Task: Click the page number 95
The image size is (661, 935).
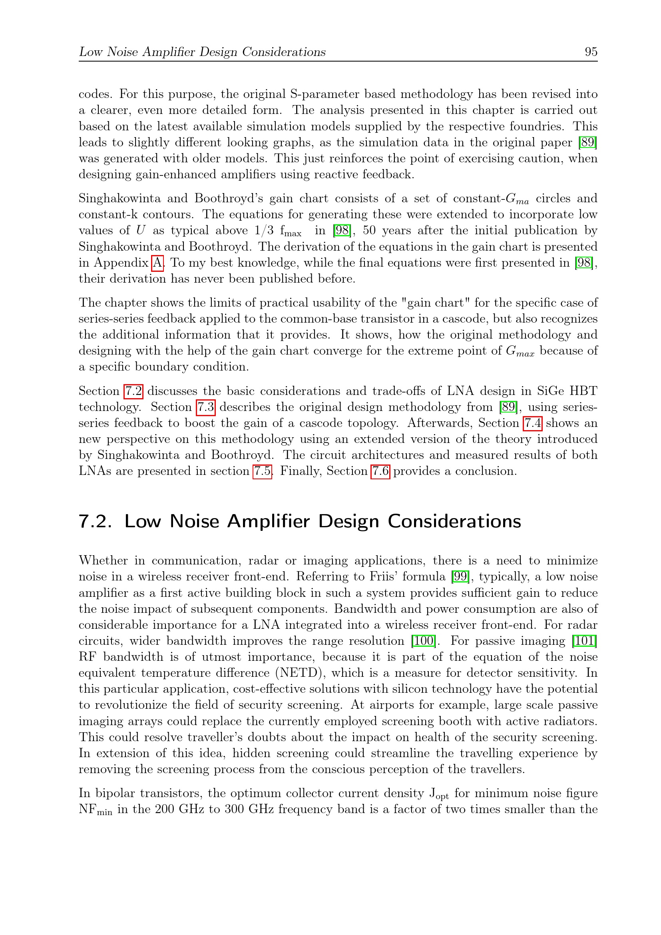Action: pos(591,52)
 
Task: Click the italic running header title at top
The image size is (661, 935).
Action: pos(202,52)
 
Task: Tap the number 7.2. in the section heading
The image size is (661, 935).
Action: pos(95,521)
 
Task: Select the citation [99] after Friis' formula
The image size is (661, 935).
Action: pos(460,576)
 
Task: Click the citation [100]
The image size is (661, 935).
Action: pos(423,640)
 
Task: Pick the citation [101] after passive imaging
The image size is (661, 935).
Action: pos(585,640)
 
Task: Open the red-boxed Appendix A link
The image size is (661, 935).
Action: pos(157,263)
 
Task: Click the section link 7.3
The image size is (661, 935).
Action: pos(205,407)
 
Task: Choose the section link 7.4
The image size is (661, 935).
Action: pos(532,423)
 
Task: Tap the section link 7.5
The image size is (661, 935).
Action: pos(262,471)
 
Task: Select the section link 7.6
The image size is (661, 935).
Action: pos(380,471)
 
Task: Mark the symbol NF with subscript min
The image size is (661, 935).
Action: pos(95,809)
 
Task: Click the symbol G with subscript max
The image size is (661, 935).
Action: pos(520,351)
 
